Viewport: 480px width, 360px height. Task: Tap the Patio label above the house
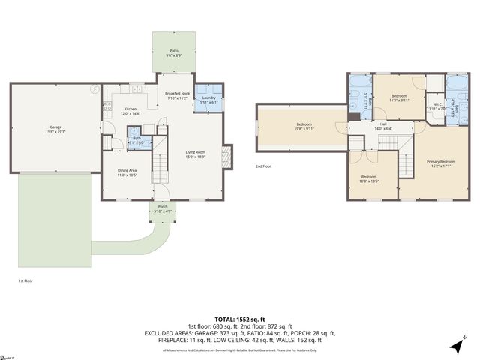coord(173,52)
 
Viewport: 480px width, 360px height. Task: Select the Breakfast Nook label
coord(178,95)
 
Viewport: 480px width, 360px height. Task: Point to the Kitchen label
coord(130,111)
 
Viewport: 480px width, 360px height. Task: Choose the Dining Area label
coord(127,172)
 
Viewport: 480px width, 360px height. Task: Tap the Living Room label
coord(196,155)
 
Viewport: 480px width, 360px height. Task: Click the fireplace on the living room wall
coord(229,155)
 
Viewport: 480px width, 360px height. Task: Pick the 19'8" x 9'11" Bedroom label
coord(304,126)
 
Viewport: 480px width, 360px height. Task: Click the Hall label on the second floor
coord(382,127)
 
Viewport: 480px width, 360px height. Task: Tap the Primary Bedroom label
coord(441,163)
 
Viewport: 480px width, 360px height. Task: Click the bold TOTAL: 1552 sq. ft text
coord(240,319)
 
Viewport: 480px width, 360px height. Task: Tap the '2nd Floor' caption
coord(263,166)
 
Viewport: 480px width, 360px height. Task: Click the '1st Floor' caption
coord(25,280)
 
